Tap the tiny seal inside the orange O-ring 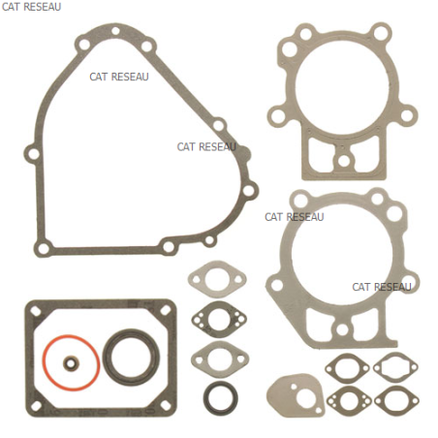point(71,363)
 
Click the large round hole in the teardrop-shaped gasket point(306,399)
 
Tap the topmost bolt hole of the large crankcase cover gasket point(115,31)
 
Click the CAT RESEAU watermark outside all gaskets point(31,7)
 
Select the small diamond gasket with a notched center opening point(395,367)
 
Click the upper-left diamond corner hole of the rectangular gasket point(36,311)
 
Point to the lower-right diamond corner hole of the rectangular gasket point(166,406)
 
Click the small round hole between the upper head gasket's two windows point(343,161)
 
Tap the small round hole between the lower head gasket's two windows point(342,329)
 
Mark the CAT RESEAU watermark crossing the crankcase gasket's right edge point(206,147)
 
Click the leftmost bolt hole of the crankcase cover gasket point(33,154)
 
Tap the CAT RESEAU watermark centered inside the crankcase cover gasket point(119,77)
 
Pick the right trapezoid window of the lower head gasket point(366,325)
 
